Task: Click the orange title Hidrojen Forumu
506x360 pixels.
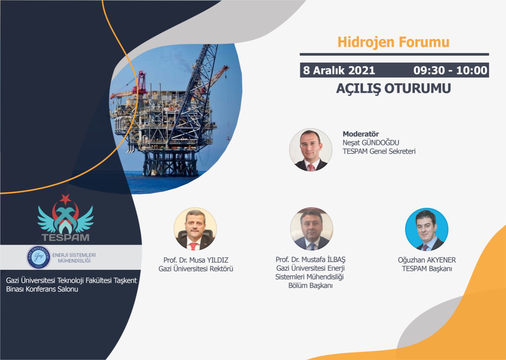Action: point(393,42)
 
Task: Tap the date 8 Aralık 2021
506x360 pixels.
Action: point(339,70)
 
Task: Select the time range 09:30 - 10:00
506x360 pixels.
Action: point(450,70)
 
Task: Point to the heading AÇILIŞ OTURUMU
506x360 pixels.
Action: point(393,88)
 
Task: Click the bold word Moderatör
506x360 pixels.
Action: point(361,134)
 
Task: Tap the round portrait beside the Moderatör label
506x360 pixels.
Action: point(311,149)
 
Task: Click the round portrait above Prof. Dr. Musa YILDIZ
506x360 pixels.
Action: point(195,229)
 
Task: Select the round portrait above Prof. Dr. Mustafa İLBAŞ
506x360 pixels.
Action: point(312,229)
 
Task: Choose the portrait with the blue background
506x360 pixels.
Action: point(427,229)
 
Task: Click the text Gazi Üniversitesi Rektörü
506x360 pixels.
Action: point(196,269)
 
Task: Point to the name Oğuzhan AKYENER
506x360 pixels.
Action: point(427,260)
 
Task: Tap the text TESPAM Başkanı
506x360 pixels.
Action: point(427,269)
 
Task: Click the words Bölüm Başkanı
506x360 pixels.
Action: point(310,285)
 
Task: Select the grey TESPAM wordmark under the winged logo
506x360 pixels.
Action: point(65,237)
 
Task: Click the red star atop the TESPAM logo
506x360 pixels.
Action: point(65,199)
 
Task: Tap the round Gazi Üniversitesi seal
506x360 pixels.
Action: point(39,257)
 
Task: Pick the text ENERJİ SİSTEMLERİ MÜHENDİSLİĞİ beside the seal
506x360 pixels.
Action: point(74,258)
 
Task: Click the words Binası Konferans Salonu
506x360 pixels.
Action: point(42,289)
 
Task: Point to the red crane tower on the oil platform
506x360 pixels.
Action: point(142,82)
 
